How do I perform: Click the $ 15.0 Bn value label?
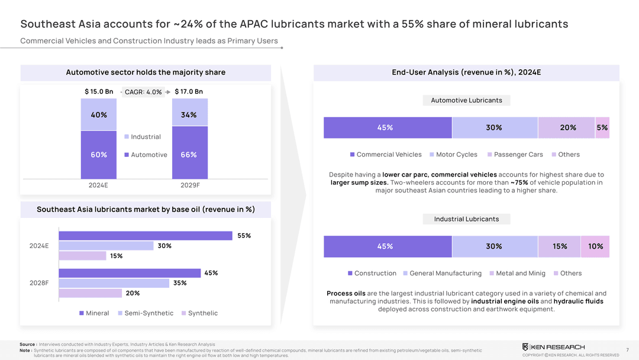(99, 91)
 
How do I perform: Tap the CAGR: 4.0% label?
(143, 92)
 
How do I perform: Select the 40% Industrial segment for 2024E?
(99, 115)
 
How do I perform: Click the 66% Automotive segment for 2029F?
(189, 154)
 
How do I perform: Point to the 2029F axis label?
(189, 185)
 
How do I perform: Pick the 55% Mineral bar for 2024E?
(146, 236)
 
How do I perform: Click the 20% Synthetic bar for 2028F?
(91, 293)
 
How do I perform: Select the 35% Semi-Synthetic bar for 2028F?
(114, 283)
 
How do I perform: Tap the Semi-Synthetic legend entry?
(146, 313)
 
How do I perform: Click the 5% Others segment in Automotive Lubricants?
(602, 127)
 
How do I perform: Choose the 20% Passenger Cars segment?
(567, 127)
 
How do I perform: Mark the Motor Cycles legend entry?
(453, 155)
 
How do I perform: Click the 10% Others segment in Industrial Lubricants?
(595, 246)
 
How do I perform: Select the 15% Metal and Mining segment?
(559, 246)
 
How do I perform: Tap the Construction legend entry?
(372, 274)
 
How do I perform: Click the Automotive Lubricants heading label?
(466, 101)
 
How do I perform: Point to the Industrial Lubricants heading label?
(466, 219)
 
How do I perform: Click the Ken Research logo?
(553, 346)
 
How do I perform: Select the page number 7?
(627, 350)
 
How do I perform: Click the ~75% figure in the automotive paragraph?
(519, 182)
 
